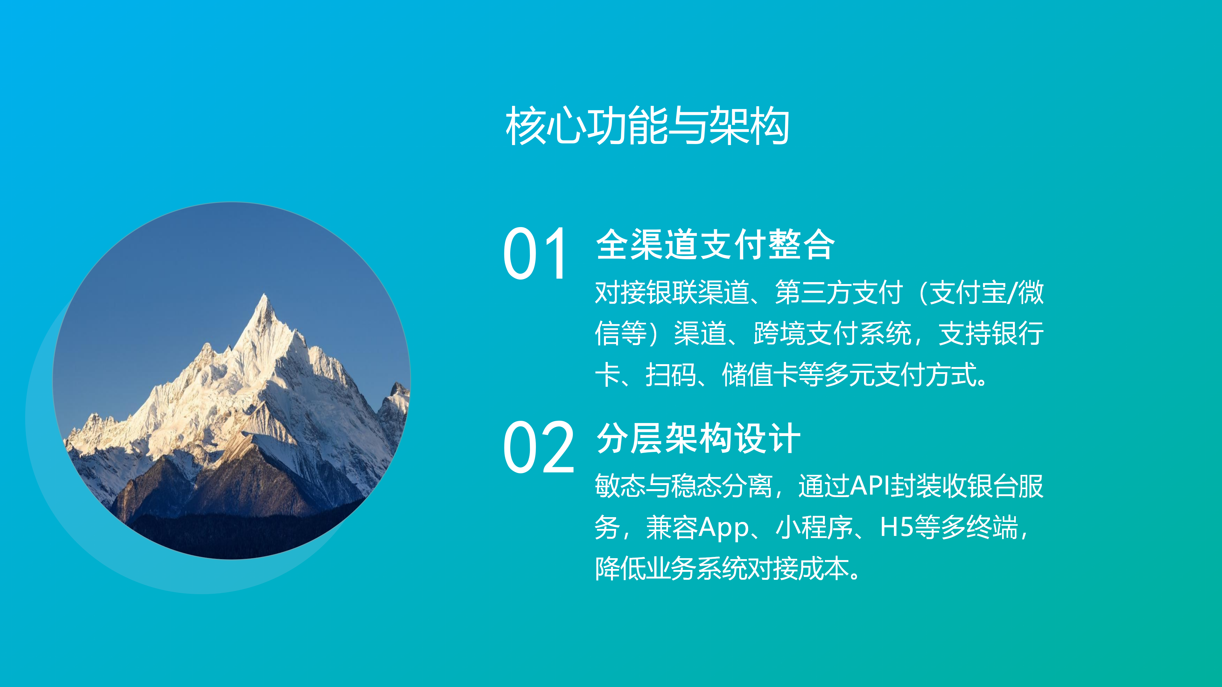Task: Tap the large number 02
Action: coord(539,448)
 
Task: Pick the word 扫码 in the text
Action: coord(671,375)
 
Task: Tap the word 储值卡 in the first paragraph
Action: coord(760,375)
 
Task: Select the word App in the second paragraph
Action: coord(723,528)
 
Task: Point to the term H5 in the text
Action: coord(896,527)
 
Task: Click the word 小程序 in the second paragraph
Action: coord(814,527)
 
